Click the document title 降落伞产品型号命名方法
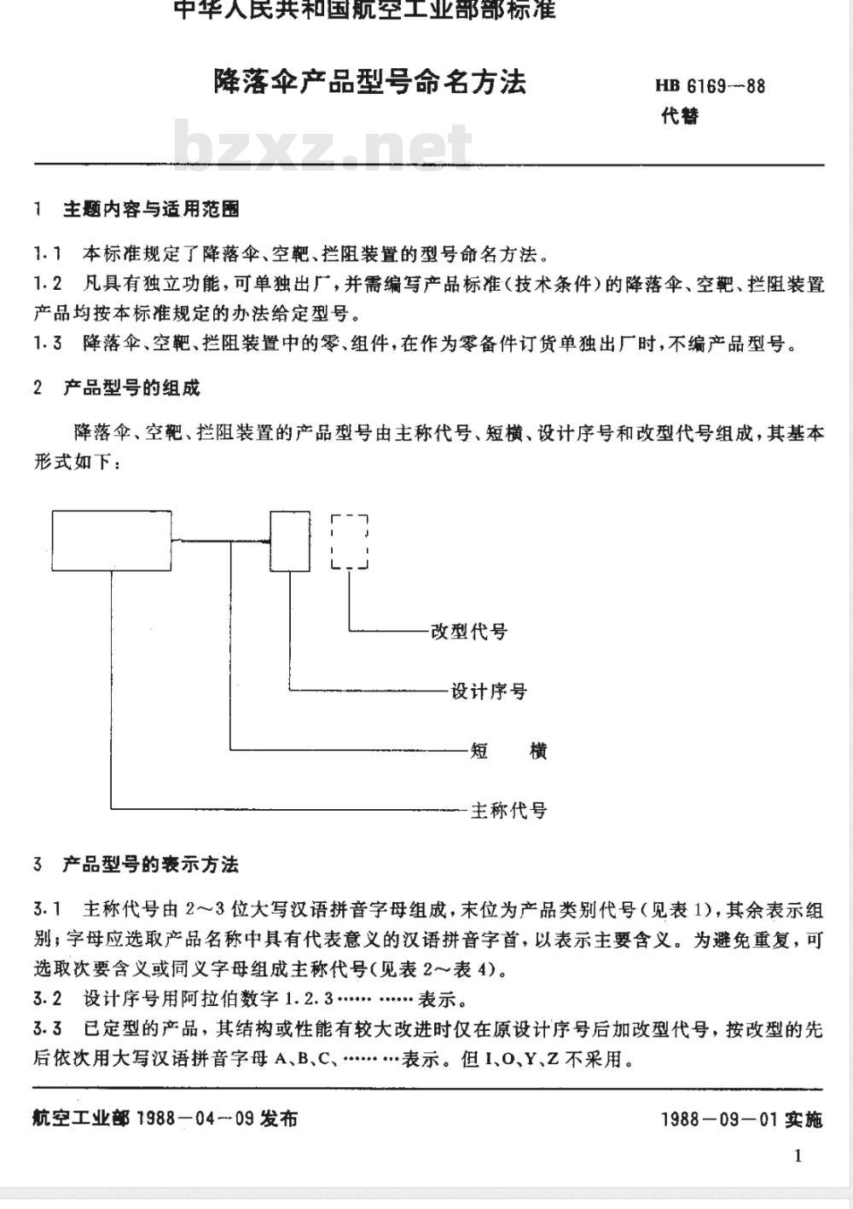coord(369,82)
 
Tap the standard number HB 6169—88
coord(710,86)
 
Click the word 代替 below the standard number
coord(680,115)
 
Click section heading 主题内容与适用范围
coord(151,208)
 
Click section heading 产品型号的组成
coord(131,388)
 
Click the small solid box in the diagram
coord(290,541)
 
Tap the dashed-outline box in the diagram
coord(350,541)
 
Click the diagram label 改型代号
coord(469,632)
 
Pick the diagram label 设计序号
coord(489,691)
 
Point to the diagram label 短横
coord(508,751)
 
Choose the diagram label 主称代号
coord(509,811)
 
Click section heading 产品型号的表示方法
coord(150,865)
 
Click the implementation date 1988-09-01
coord(718,1119)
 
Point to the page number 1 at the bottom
coord(798,1156)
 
